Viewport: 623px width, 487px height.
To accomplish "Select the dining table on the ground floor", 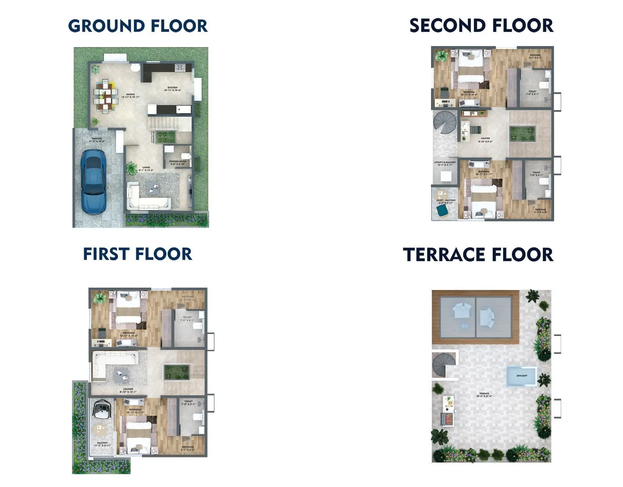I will pyautogui.click(x=105, y=96).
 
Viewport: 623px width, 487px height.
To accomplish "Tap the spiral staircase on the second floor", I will pyautogui.click(x=445, y=123).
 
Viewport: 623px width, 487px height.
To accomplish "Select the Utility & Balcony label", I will pyautogui.click(x=445, y=164).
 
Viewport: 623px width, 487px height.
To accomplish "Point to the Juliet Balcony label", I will pyautogui.click(x=445, y=201).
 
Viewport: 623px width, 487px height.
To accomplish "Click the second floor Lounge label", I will pyautogui.click(x=485, y=140).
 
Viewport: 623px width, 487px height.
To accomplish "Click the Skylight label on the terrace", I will pyautogui.click(x=522, y=376).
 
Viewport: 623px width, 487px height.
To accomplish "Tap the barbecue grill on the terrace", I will pyautogui.click(x=447, y=419).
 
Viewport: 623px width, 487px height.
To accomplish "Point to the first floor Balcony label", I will pyautogui.click(x=102, y=444).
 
